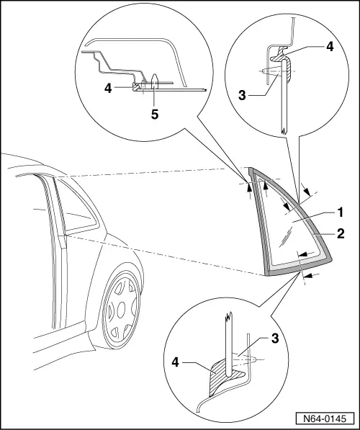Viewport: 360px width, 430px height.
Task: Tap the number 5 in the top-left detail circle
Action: [155, 112]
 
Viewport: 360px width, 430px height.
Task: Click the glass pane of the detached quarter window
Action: [288, 230]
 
